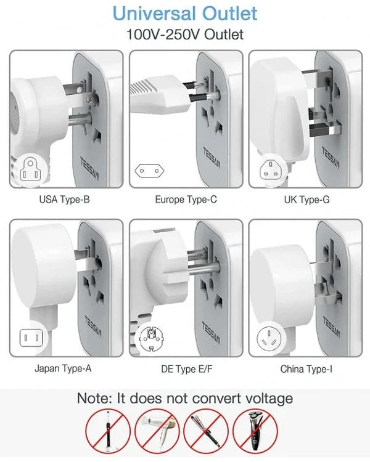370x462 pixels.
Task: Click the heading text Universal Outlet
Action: click(x=185, y=13)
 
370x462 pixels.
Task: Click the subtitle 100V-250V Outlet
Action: click(x=185, y=34)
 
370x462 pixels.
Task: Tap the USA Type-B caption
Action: click(x=65, y=200)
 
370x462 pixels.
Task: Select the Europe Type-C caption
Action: click(x=186, y=200)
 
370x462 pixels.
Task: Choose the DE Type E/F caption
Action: click(x=186, y=370)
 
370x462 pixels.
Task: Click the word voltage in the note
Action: click(x=263, y=399)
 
